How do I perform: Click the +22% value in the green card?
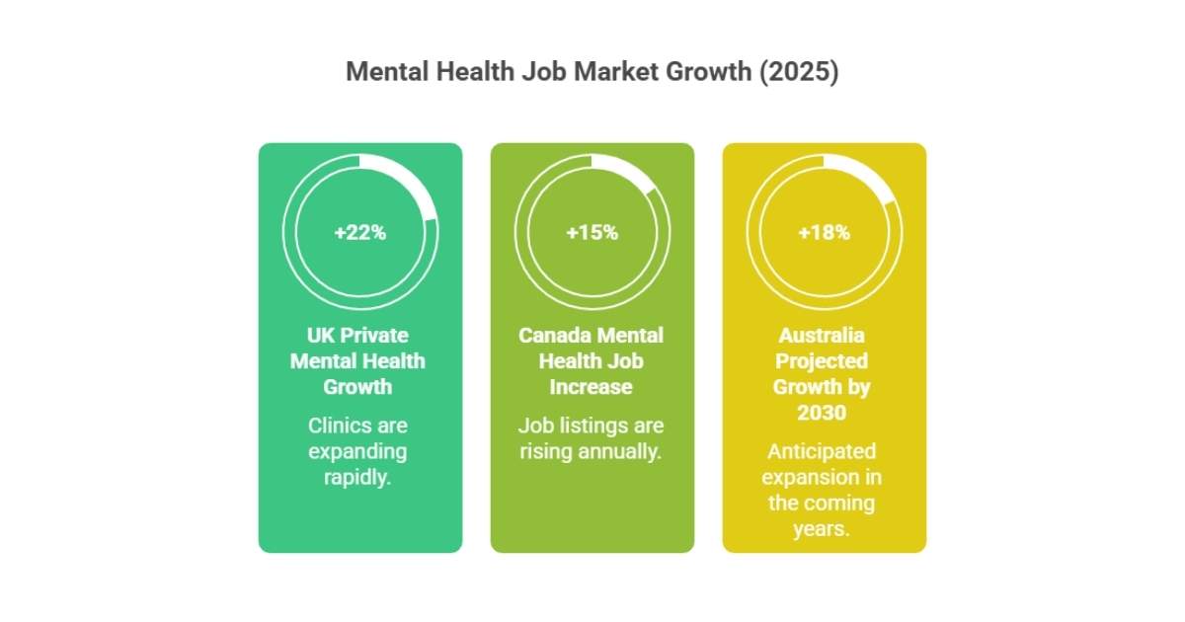coord(359,233)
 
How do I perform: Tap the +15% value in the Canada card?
coord(592,233)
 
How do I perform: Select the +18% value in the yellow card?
coord(824,233)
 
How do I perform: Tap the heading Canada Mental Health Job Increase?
coord(591,360)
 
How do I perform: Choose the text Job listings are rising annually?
coord(591,438)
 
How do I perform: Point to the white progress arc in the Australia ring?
coord(869,175)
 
